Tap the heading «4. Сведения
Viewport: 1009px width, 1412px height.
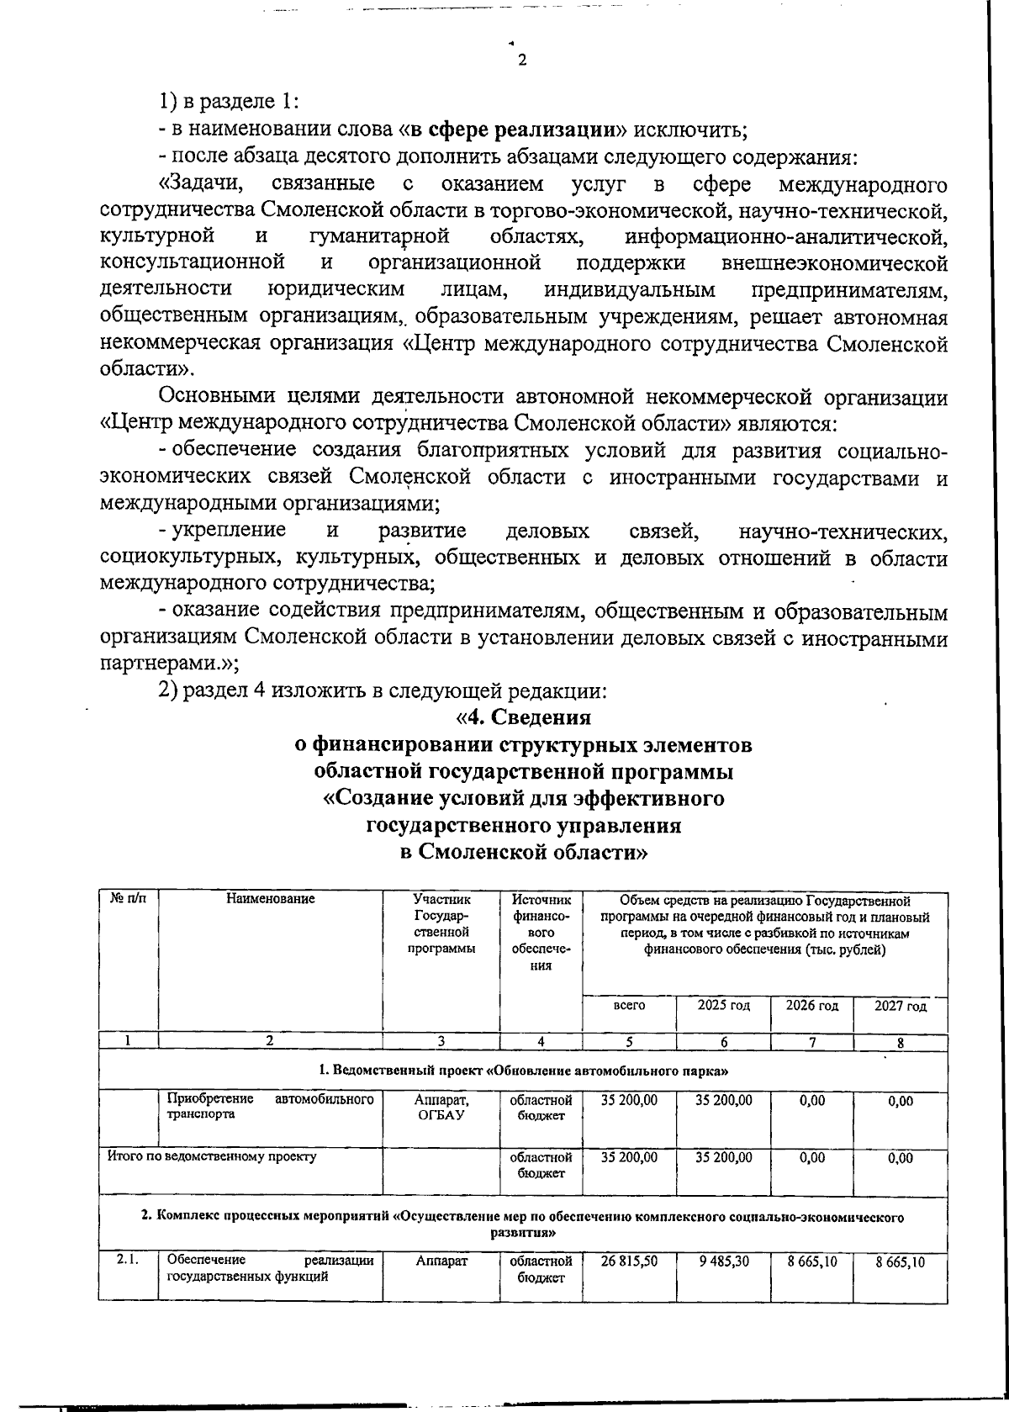522,717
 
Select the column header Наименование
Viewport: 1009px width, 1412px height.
270,899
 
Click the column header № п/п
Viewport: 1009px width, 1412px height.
128,899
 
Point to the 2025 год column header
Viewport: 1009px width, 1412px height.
722,1005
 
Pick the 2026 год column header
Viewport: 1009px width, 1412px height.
811,1005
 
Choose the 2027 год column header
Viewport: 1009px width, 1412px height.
900,1006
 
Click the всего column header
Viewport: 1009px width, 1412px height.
629,1005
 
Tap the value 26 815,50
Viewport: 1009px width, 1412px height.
629,1261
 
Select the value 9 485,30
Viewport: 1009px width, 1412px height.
723,1261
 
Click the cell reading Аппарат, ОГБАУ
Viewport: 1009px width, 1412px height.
441,1107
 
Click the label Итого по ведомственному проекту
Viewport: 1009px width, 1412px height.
212,1156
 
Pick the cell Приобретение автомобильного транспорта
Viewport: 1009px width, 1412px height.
270,1107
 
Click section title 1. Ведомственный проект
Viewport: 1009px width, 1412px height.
522,1071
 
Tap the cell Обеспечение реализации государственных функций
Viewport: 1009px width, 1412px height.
270,1267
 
